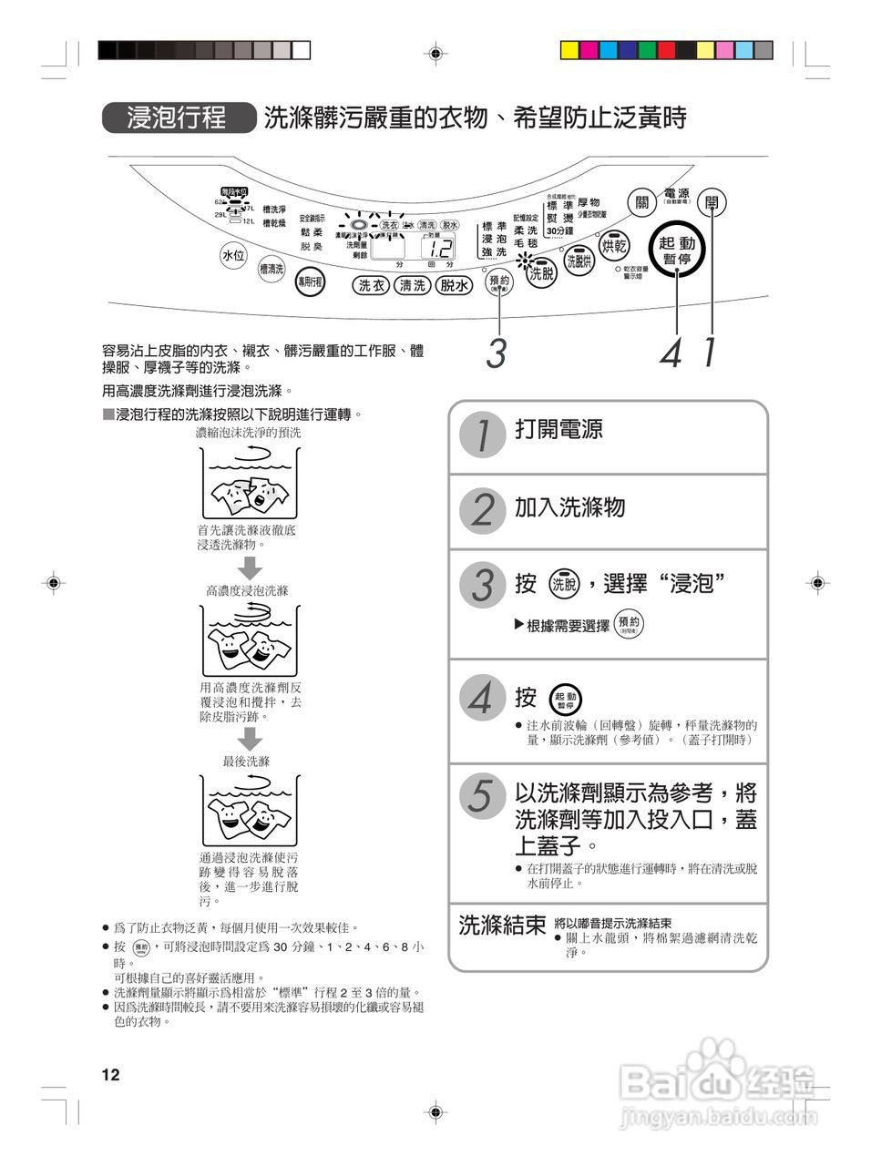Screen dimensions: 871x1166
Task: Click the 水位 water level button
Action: pyautogui.click(x=233, y=256)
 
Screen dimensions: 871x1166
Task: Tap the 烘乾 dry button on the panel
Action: pyautogui.click(x=614, y=246)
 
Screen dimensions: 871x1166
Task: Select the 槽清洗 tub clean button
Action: pyautogui.click(x=272, y=269)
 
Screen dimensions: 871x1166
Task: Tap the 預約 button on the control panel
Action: pyautogui.click(x=499, y=282)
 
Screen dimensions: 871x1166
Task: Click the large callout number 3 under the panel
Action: pyautogui.click(x=496, y=353)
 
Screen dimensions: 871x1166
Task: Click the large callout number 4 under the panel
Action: pyautogui.click(x=671, y=353)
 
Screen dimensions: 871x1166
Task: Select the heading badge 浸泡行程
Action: pyautogui.click(x=178, y=118)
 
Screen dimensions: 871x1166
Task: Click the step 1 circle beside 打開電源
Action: pyautogui.click(x=481, y=435)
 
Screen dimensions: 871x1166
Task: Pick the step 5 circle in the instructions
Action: pyautogui.click(x=481, y=794)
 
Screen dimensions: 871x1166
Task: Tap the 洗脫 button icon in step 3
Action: pyautogui.click(x=565, y=584)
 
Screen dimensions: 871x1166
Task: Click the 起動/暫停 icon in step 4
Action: pyautogui.click(x=566, y=700)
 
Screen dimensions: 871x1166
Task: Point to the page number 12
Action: pyautogui.click(x=110, y=1075)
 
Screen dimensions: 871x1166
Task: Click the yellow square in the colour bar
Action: pyautogui.click(x=569, y=50)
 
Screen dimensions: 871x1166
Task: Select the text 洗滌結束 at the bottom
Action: pyautogui.click(x=502, y=926)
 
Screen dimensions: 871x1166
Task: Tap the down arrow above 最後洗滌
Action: pyautogui.click(x=250, y=739)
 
